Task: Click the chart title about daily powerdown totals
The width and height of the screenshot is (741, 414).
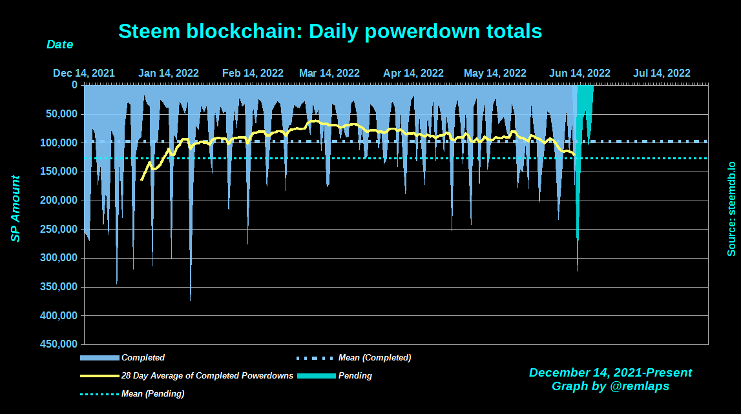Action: [330, 31]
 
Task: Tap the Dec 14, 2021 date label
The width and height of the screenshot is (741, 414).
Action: [84, 73]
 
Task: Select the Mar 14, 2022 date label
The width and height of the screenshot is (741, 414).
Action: [329, 73]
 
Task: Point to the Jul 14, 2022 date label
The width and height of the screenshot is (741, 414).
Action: [662, 73]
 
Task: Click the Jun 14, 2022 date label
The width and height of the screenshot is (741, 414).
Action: [579, 73]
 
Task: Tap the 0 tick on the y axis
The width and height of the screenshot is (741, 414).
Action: [74, 85]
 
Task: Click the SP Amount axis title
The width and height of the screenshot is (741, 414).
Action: [16, 209]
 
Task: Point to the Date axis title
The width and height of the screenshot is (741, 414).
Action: [59, 44]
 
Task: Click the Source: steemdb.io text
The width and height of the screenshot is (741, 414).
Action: [731, 209]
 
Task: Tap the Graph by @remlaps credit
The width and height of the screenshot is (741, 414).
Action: [610, 386]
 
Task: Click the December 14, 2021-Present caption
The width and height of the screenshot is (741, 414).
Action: [610, 373]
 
